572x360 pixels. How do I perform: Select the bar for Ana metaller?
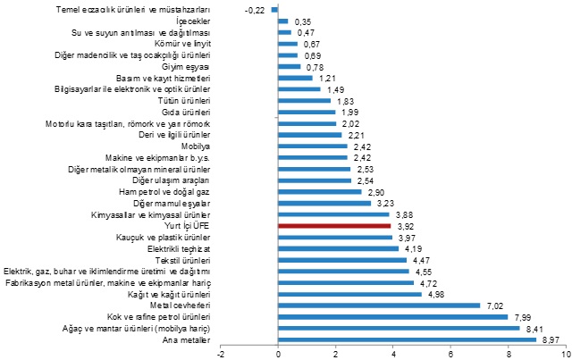(x=408, y=339)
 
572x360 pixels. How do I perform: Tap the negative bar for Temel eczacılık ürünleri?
(x=275, y=10)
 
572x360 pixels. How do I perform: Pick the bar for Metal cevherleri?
(x=380, y=306)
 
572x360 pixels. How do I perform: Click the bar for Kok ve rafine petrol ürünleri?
(x=393, y=316)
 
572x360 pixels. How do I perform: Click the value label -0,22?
(x=255, y=10)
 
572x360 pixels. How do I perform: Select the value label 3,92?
(x=406, y=226)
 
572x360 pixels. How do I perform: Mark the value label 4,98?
(x=436, y=294)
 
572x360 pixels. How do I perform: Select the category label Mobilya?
(x=196, y=146)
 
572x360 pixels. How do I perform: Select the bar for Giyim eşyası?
(x=290, y=66)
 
